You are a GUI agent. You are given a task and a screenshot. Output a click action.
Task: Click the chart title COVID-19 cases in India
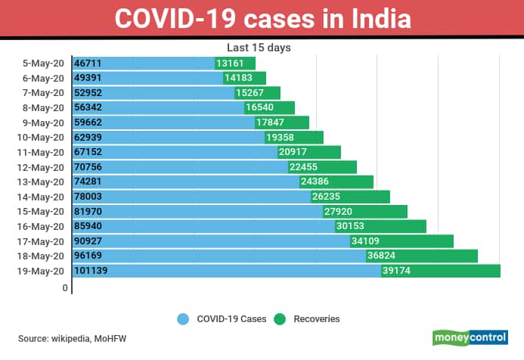point(262,18)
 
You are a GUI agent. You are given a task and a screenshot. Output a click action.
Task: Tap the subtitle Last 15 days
point(259,48)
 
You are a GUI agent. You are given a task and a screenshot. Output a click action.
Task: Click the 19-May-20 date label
point(45,270)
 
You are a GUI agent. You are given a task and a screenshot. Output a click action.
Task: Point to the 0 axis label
point(66,288)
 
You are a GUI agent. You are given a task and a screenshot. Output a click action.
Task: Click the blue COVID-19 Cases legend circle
point(182,319)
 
